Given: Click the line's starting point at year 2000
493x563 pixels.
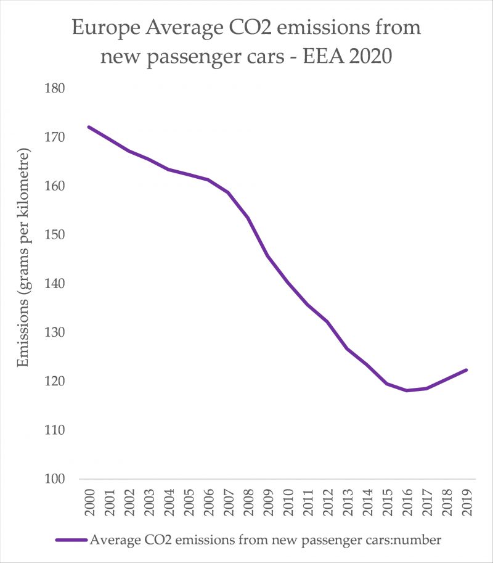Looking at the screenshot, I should [x=89, y=127].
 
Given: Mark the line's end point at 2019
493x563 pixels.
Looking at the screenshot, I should [x=467, y=370].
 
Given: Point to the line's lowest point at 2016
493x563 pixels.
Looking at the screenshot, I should [x=407, y=390].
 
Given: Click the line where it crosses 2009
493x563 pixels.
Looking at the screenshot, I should [x=268, y=255].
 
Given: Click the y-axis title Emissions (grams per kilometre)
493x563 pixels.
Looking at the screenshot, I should [x=24, y=258].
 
